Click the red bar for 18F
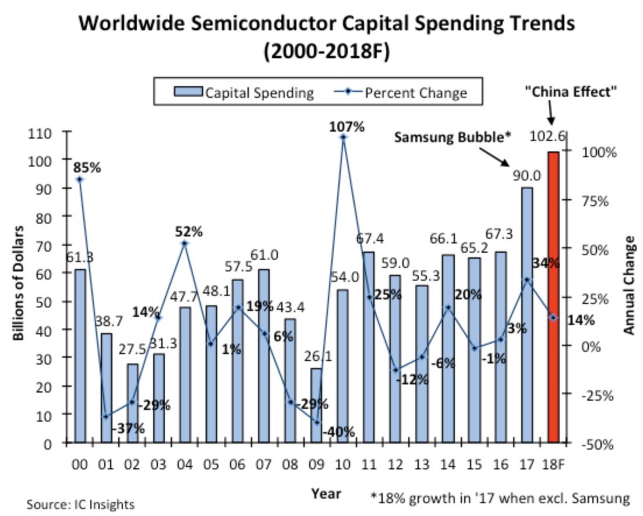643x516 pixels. click(553, 297)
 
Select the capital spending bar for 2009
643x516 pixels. click(316, 405)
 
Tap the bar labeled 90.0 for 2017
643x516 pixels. click(527, 314)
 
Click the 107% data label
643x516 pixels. click(343, 126)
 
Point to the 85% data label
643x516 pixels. click(87, 168)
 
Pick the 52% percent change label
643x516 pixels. click(189, 232)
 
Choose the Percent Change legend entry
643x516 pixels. click(402, 92)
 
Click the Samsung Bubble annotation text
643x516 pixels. click(453, 137)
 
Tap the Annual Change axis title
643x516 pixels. click(629, 285)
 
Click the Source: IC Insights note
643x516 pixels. click(80, 504)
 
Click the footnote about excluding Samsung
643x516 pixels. click(500, 498)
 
